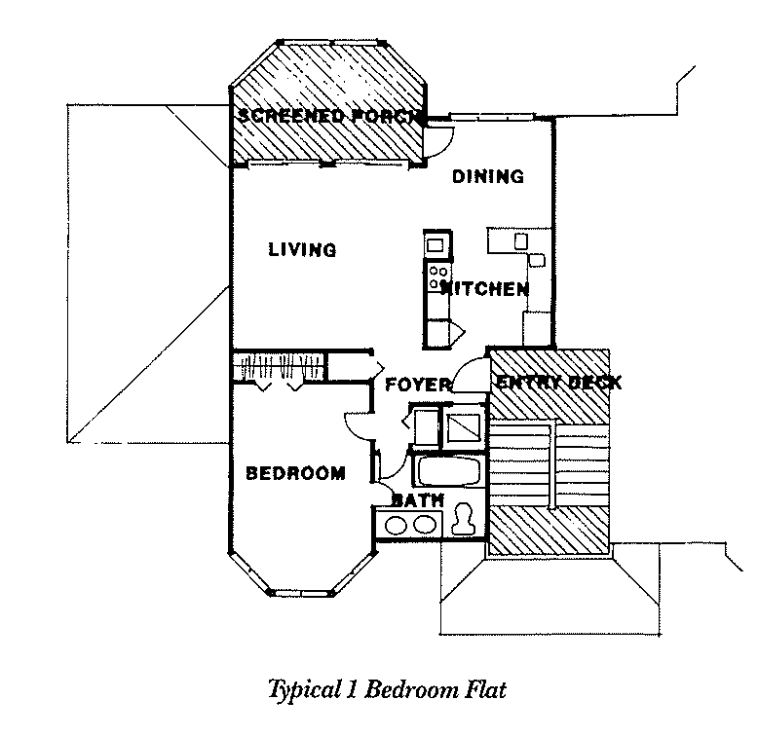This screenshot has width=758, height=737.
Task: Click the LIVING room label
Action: tap(302, 250)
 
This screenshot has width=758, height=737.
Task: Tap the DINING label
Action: tap(487, 176)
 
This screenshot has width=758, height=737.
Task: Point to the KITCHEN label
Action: tap(485, 289)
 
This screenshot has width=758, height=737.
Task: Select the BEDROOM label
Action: tap(294, 474)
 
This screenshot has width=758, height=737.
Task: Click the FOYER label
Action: tap(418, 384)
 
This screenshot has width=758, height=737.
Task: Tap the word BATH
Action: tap(418, 500)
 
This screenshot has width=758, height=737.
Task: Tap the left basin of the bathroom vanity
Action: tap(398, 525)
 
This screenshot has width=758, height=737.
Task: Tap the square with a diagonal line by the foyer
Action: tap(463, 425)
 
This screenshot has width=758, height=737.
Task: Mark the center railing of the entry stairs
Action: tap(552, 464)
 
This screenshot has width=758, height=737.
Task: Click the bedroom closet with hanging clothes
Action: tap(277, 368)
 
